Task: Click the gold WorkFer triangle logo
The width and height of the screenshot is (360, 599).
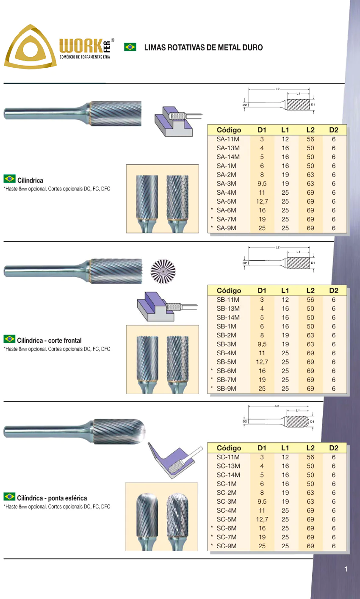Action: pyautogui.click(x=30, y=47)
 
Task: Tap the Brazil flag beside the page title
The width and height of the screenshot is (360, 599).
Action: pyautogui.click(x=130, y=47)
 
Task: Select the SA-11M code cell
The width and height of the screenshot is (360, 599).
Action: pyautogui.click(x=228, y=139)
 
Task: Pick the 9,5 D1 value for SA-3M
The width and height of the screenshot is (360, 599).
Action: pyautogui.click(x=262, y=184)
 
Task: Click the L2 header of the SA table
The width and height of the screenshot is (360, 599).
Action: pyautogui.click(x=310, y=130)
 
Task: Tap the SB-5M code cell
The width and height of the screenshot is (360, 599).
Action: pyautogui.click(x=226, y=362)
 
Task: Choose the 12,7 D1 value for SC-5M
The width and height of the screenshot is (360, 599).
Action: pyautogui.click(x=262, y=519)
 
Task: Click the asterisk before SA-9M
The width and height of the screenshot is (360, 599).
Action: pyautogui.click(x=212, y=227)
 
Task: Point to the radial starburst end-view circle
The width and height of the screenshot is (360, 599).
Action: pyautogui.click(x=163, y=271)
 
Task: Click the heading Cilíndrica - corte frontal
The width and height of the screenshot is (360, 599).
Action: pyautogui.click(x=49, y=340)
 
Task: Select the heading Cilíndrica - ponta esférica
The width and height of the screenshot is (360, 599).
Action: pyautogui.click(x=52, y=498)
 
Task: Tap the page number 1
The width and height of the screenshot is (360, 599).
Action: pyautogui.click(x=346, y=569)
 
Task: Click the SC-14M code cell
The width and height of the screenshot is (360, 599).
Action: pyautogui.click(x=228, y=475)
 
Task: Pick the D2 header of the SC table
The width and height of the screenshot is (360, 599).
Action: pyautogui.click(x=333, y=448)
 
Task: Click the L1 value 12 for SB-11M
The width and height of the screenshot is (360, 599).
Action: pyautogui.click(x=285, y=300)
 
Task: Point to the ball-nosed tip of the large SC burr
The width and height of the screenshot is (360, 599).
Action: pyautogui.click(x=142, y=431)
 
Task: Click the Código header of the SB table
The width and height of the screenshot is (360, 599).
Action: pyautogui.click(x=229, y=291)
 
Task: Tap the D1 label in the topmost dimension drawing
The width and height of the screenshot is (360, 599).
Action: pyautogui.click(x=313, y=105)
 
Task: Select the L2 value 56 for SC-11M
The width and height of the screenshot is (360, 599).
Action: pyautogui.click(x=310, y=457)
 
